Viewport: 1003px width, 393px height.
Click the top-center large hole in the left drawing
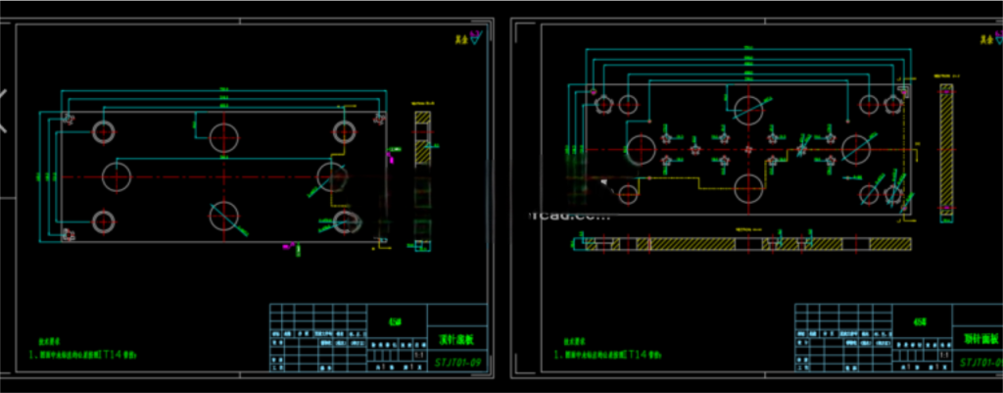click(x=224, y=135)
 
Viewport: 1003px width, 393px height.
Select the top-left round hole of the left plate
click(x=104, y=130)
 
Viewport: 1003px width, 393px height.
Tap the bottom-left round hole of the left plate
click(x=104, y=221)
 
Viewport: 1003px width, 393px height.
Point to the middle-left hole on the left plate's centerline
click(x=116, y=176)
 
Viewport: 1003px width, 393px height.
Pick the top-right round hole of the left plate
click(x=344, y=131)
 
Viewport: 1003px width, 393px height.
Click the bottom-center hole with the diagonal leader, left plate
click(x=224, y=215)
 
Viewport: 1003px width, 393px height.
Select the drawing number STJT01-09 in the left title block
click(x=458, y=362)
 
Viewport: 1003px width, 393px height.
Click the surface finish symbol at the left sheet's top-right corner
click(x=475, y=37)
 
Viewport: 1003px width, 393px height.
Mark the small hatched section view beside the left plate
click(x=421, y=137)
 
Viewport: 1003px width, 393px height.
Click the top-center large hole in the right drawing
click(x=749, y=108)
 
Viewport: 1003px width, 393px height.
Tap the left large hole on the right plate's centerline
click(x=641, y=148)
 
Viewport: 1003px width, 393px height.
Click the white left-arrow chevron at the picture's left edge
click(x=4, y=110)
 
